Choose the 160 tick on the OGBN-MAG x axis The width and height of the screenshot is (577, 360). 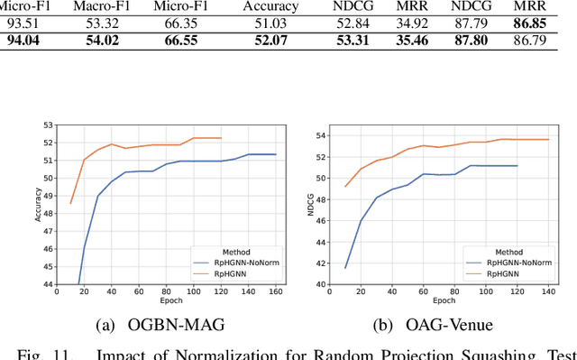point(275,293)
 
